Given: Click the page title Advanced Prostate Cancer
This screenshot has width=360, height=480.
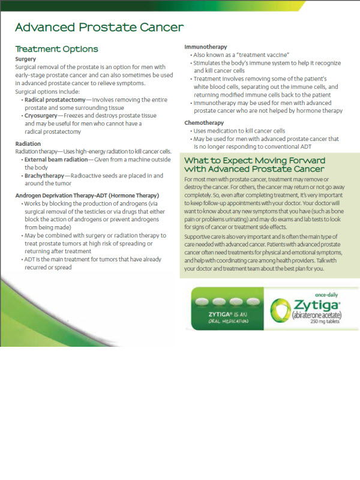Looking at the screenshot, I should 99,28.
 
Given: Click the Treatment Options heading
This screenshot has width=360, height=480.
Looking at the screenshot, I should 56,49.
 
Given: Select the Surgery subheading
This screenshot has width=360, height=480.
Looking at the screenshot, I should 26,59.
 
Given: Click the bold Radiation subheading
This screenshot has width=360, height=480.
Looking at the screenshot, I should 28,144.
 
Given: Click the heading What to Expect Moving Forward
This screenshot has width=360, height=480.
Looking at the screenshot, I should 254,161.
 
